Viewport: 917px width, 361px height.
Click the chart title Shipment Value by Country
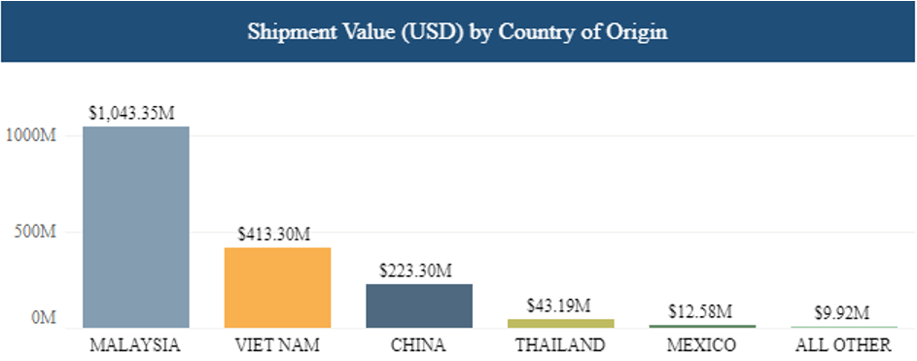click(457, 30)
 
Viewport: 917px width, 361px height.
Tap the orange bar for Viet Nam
click(277, 287)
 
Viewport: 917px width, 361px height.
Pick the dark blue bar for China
click(419, 306)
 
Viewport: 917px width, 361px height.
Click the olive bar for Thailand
click(561, 323)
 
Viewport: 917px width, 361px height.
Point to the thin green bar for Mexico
click(703, 326)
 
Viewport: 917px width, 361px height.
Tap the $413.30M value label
click(274, 235)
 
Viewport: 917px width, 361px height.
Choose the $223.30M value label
click(416, 271)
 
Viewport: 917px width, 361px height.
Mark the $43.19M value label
click(559, 306)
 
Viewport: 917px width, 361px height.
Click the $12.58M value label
click(701, 311)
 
